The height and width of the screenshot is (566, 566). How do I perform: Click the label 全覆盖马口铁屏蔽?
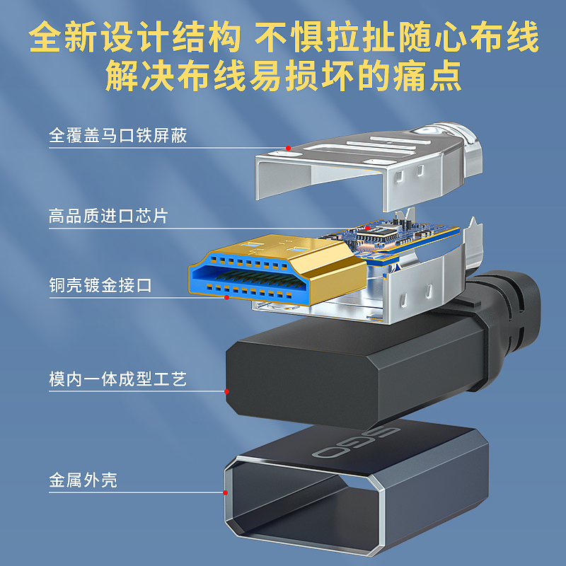[118, 135]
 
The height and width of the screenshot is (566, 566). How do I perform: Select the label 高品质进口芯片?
[108, 216]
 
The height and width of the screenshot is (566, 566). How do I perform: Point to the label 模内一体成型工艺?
[118, 379]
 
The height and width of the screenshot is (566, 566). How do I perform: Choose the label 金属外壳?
[83, 481]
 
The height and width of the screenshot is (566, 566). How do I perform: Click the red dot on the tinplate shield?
[288, 148]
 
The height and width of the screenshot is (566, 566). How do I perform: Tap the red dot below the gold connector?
[226, 298]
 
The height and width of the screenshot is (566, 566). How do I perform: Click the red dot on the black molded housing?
[226, 391]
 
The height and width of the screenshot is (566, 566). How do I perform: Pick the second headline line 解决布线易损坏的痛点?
[283, 76]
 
